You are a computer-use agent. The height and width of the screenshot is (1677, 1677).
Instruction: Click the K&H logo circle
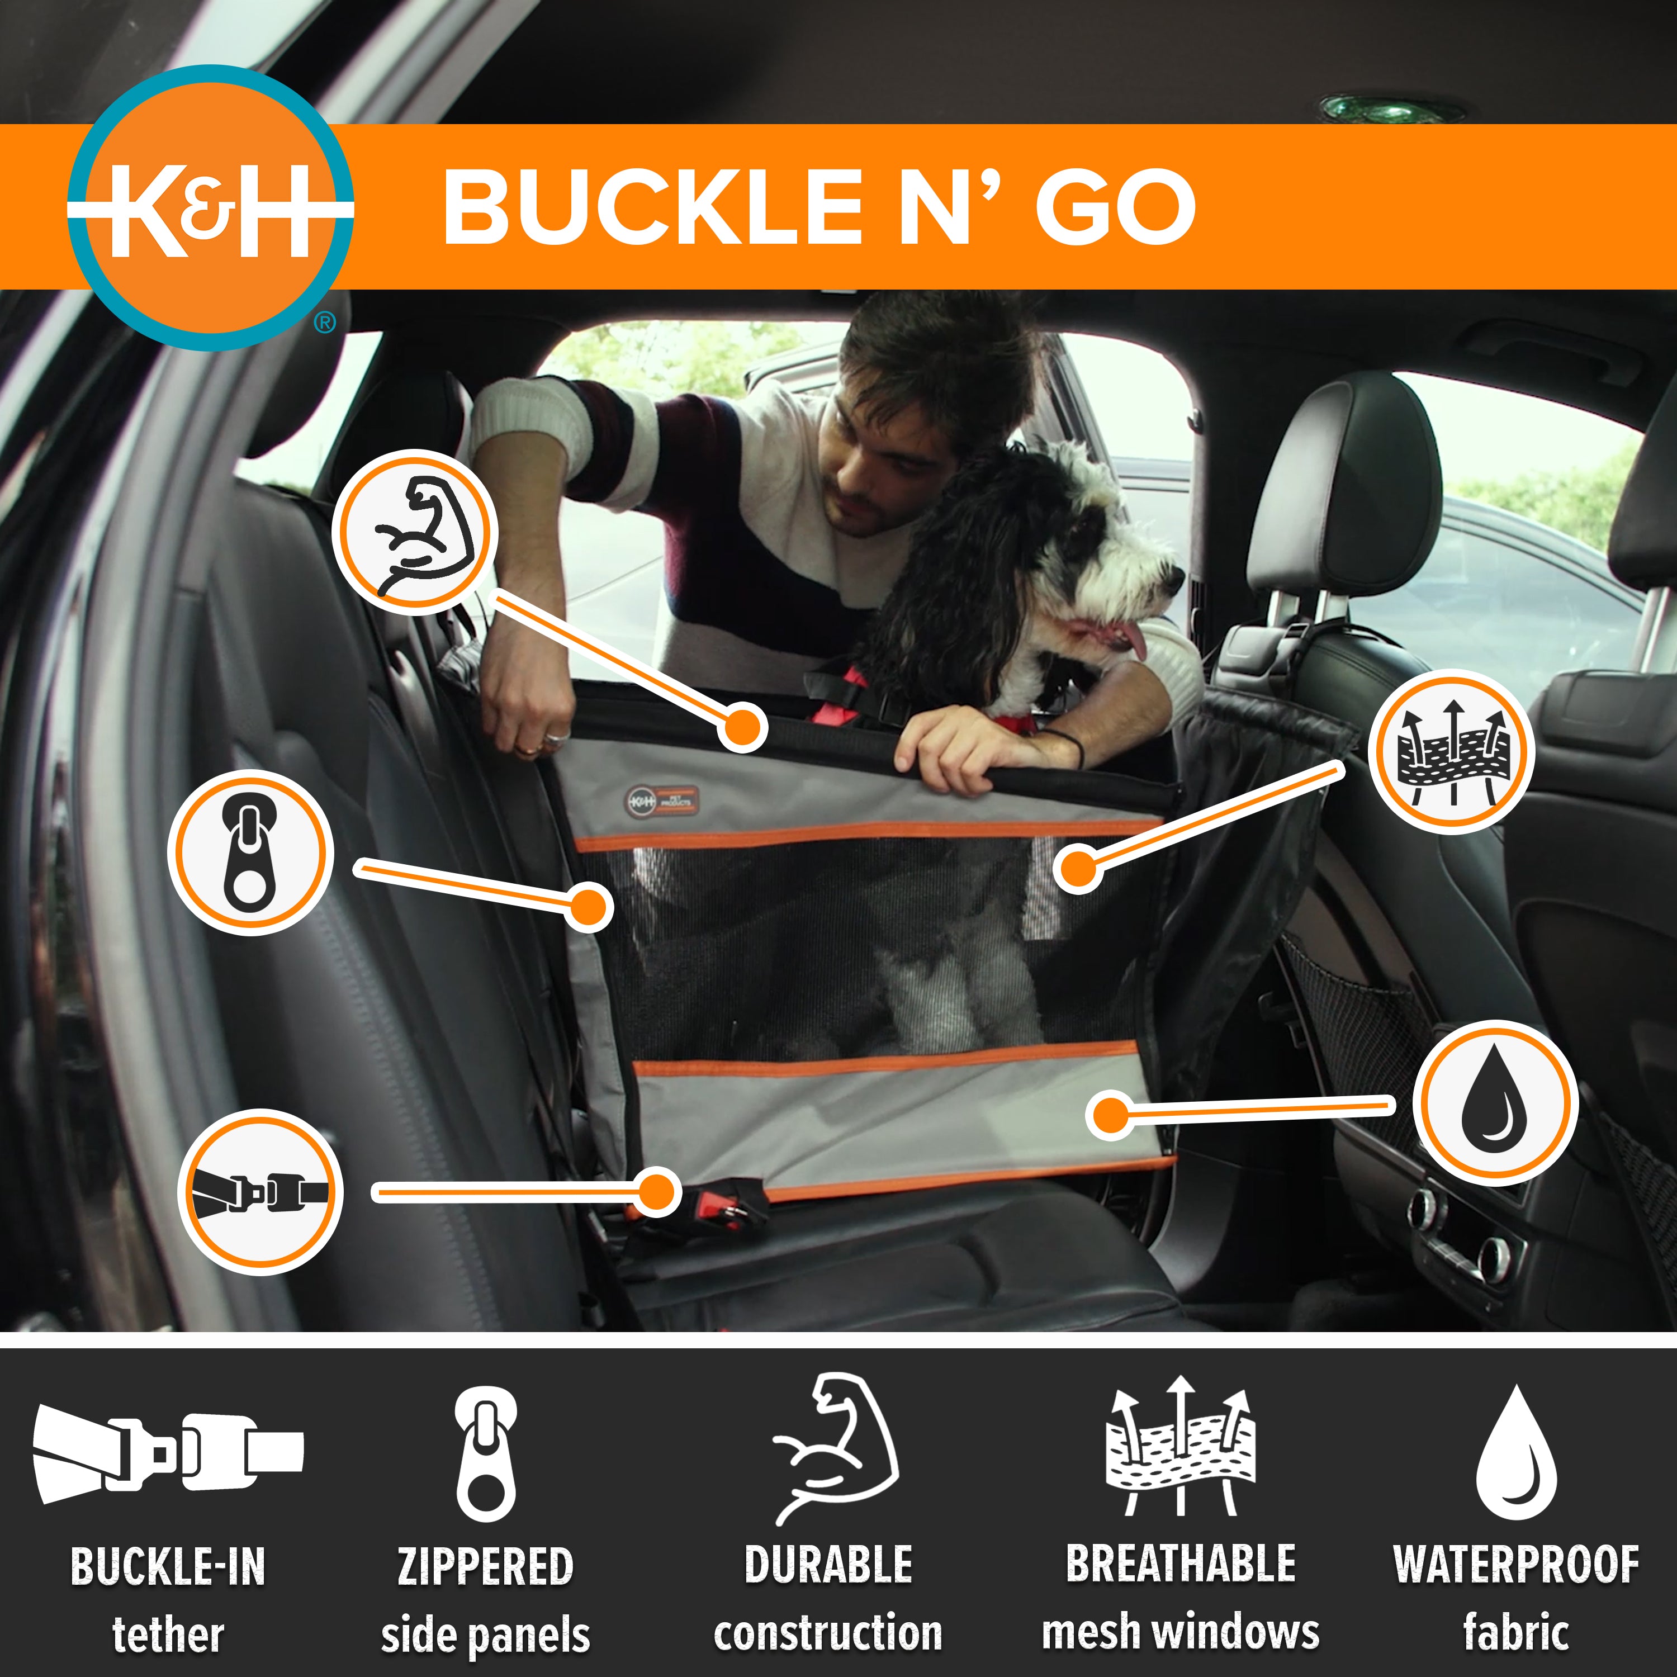pyautogui.click(x=211, y=209)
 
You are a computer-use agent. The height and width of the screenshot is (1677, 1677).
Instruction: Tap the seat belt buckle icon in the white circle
pyautogui.click(x=260, y=1192)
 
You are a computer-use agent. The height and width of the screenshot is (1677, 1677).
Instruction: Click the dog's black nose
pyautogui.click(x=1176, y=577)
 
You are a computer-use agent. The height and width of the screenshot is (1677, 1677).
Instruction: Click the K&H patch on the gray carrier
pyautogui.click(x=661, y=801)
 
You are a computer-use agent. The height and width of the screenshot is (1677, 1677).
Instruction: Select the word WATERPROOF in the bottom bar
pyautogui.click(x=1515, y=1565)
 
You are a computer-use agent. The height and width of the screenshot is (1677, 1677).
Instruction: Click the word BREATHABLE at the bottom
pyautogui.click(x=1181, y=1564)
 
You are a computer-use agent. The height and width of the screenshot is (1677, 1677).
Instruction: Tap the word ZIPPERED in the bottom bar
pyautogui.click(x=485, y=1567)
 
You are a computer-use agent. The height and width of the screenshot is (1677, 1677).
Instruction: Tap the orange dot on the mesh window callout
pyautogui.click(x=1078, y=868)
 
